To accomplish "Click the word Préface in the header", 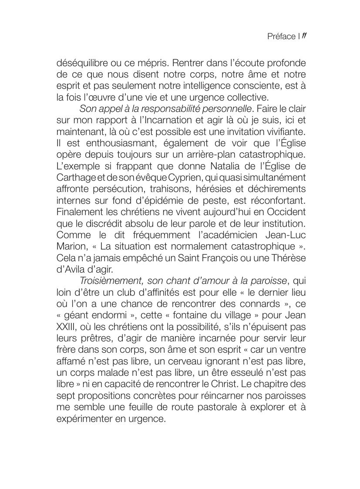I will (x=281, y=37).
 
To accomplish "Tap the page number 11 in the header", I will (x=305, y=36).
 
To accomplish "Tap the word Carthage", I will (x=74, y=176).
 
